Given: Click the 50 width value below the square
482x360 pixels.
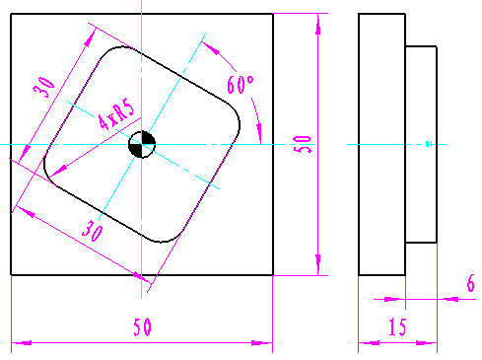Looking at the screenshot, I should pyautogui.click(x=142, y=328).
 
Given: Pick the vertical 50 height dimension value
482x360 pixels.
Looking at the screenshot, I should pyautogui.click(x=303, y=145).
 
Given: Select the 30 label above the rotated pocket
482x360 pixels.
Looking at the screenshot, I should pyautogui.click(x=42, y=87).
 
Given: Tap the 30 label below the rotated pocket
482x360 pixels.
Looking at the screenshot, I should pyautogui.click(x=94, y=233).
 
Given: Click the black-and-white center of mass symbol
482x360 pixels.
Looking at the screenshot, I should pyautogui.click(x=142, y=145).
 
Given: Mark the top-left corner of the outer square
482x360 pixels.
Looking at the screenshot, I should pyautogui.click(x=11, y=14).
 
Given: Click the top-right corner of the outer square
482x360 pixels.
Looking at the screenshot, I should pyautogui.click(x=273, y=14).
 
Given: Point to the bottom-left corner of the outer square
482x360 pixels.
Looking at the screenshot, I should pyautogui.click(x=11, y=275).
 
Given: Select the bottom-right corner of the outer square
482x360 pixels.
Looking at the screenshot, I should pyautogui.click(x=273, y=275).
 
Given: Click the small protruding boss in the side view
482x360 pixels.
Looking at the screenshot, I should pyautogui.click(x=421, y=145).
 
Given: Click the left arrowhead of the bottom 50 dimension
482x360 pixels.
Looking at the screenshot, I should pyautogui.click(x=16, y=342).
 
